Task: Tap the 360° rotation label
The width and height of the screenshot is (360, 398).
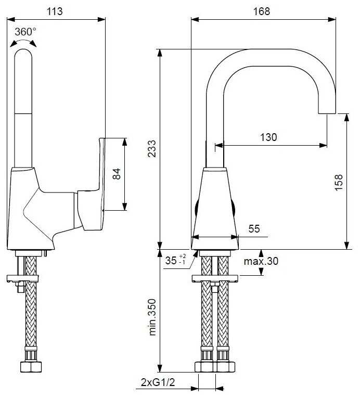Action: (25, 31)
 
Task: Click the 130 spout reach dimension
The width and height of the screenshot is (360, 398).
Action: (268, 137)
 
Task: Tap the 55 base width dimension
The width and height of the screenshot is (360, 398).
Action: (254, 229)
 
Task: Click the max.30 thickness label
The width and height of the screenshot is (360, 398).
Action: (261, 261)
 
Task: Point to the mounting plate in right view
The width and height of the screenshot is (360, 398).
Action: (214, 278)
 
